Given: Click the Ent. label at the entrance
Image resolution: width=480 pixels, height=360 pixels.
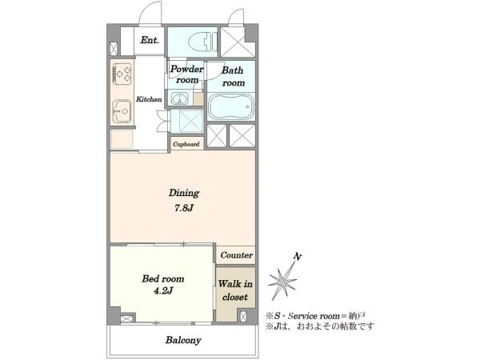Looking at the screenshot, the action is [150, 40].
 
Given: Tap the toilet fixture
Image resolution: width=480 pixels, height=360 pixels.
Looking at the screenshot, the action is [202, 42].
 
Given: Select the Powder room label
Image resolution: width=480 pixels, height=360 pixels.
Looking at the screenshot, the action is [186, 74].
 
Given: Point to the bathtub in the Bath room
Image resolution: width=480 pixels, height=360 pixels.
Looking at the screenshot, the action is [231, 106].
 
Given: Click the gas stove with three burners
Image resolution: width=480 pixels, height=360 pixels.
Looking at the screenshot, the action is [122, 73].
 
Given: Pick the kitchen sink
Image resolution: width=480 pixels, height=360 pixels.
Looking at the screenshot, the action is [122, 111].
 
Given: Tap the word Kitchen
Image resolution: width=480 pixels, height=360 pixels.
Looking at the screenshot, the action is [149, 99].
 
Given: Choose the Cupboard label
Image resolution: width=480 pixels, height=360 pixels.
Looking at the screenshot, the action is [186, 144].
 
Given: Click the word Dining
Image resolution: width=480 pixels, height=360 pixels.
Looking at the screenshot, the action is [184, 193].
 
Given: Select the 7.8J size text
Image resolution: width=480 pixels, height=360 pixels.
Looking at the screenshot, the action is [184, 208].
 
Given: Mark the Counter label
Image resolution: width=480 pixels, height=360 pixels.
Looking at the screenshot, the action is [236, 255].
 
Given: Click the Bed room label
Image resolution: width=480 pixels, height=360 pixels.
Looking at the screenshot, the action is [163, 278].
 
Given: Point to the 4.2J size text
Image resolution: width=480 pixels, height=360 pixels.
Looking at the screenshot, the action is [163, 290].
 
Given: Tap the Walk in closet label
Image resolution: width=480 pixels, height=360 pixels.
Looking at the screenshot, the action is [235, 290].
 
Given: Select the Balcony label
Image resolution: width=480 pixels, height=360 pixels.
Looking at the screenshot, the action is [183, 340].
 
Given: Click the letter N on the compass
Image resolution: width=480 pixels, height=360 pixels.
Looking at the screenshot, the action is [296, 257].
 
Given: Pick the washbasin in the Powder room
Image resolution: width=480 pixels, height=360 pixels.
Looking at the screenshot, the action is [178, 98].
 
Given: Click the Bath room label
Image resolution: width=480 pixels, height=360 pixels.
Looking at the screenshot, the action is [233, 77].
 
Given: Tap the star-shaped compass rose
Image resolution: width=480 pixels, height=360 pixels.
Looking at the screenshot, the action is [282, 280].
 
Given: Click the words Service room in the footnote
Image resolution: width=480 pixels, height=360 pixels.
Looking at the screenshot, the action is [314, 316].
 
